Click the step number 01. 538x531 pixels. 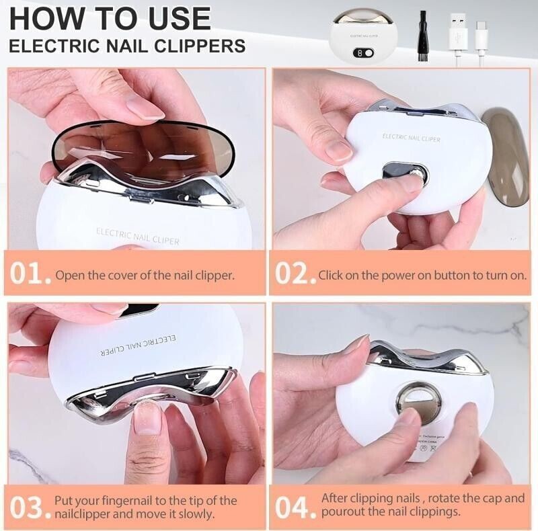30,275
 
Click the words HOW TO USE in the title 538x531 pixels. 110,18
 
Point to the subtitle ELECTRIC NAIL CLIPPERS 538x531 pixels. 127,46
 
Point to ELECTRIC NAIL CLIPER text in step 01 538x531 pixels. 137,235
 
